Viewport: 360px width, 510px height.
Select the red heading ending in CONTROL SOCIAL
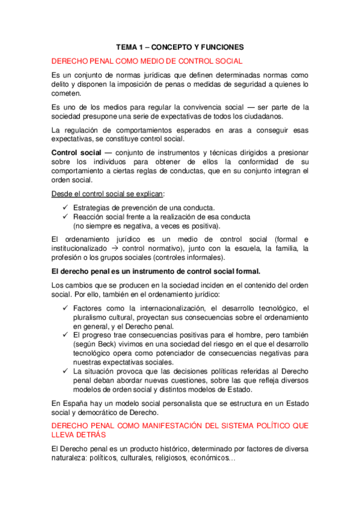pyautogui.click(x=147, y=61)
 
